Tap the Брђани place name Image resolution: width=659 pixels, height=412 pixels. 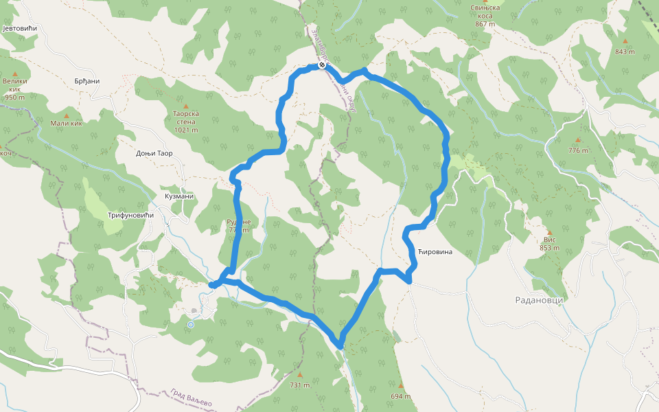(x=87, y=81)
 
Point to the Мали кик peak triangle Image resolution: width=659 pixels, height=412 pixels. (x=67, y=116)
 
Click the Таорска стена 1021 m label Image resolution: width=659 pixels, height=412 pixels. (x=185, y=122)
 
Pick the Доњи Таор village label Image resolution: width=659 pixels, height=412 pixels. (x=154, y=153)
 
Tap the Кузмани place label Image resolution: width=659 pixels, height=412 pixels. (x=179, y=196)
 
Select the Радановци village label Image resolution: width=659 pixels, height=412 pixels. (x=540, y=299)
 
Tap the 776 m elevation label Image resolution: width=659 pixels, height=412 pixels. (x=579, y=150)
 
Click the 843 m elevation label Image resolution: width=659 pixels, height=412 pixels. (x=625, y=51)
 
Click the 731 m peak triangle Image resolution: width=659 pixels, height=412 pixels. (x=299, y=375)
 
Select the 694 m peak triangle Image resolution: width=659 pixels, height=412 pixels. (x=401, y=385)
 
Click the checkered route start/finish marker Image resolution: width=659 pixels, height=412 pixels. (x=321, y=66)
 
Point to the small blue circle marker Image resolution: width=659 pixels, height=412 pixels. (x=191, y=325)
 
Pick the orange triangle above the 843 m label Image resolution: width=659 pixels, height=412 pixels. (x=625, y=41)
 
